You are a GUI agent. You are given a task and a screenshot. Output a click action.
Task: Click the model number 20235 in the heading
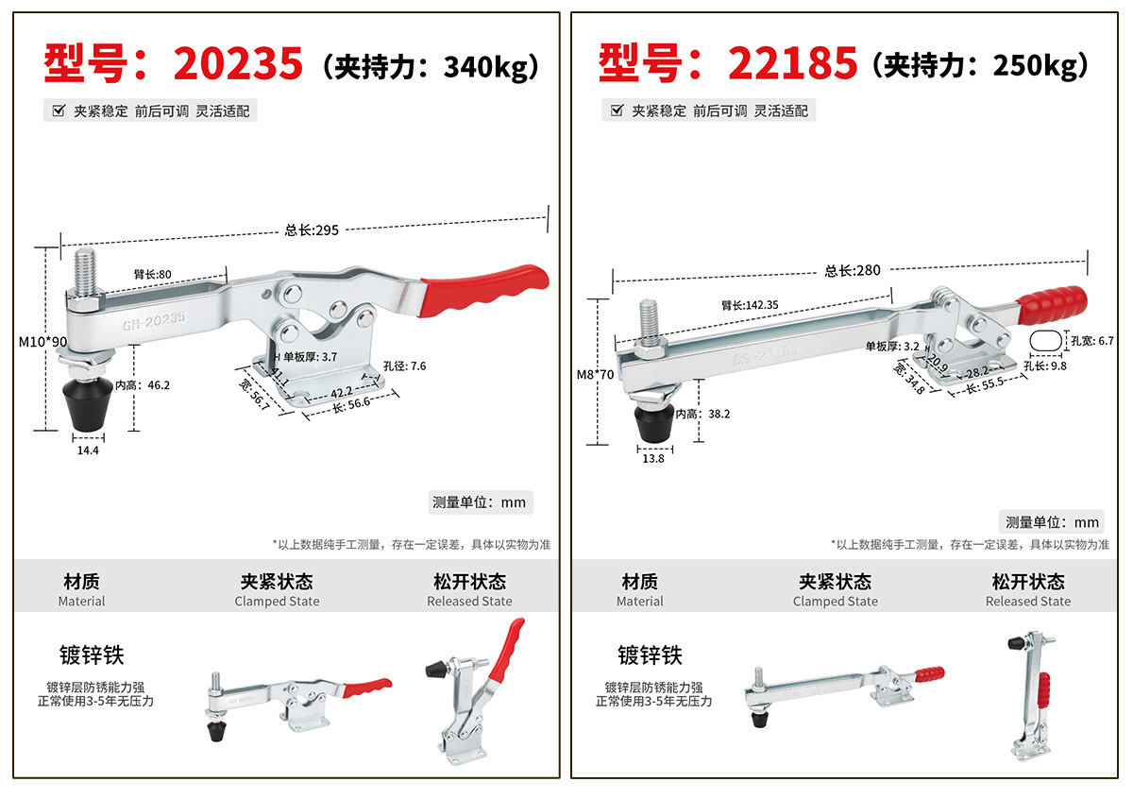click(238, 63)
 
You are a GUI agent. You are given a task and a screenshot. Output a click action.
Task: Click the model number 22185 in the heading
click(792, 63)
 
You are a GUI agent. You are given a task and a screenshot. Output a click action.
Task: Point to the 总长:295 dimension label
click(312, 230)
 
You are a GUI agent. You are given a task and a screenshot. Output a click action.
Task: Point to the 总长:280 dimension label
click(853, 271)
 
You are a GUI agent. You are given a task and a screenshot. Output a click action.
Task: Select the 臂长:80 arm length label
click(153, 274)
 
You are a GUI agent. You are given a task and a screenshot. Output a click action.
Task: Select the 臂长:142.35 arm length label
click(750, 305)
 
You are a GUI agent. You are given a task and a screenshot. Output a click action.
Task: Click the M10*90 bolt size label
click(43, 342)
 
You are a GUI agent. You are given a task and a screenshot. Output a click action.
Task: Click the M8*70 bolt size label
click(596, 375)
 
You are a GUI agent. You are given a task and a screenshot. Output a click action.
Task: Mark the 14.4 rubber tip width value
click(88, 450)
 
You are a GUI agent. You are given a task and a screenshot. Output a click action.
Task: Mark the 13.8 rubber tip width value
click(653, 458)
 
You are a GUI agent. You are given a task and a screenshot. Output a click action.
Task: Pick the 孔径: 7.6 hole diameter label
click(405, 365)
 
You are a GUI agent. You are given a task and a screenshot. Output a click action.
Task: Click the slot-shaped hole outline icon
click(1045, 341)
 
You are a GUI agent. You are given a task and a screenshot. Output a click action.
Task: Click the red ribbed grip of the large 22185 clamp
click(1052, 305)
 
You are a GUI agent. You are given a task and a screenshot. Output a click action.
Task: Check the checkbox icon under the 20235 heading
click(59, 110)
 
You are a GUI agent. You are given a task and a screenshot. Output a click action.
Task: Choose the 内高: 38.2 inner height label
click(703, 414)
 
